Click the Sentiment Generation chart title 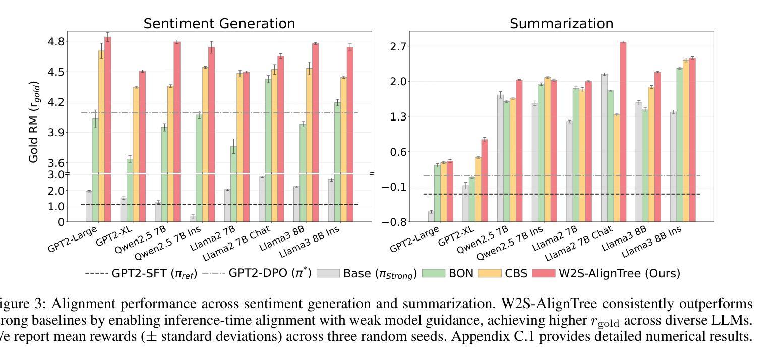219,24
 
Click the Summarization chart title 561,24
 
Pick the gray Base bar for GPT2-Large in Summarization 431,216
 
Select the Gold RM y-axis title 34,122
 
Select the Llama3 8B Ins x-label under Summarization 652,241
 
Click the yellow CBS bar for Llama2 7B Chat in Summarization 616,168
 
